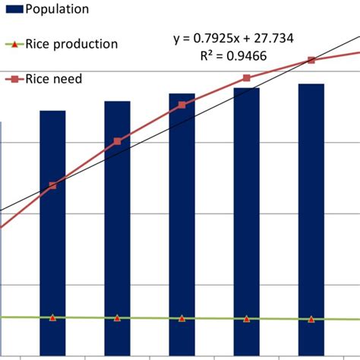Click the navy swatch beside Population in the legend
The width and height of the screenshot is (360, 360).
pos(11,10)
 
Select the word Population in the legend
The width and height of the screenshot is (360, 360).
pos(57,10)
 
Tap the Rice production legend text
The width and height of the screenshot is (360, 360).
pos(72,44)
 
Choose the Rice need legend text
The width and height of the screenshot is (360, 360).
pos(54,78)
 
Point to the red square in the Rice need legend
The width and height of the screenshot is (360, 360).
pos(14,78)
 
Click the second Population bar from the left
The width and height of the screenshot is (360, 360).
pos(117,228)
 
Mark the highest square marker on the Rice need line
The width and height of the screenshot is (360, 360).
pos(311,60)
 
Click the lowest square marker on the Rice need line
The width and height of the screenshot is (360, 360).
pos(52,185)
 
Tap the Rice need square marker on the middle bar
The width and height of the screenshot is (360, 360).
pos(182,105)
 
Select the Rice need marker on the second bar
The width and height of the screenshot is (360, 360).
pos(117,141)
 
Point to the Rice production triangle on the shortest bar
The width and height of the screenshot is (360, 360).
pos(52,317)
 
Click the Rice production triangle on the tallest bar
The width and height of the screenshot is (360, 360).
pos(311,319)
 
